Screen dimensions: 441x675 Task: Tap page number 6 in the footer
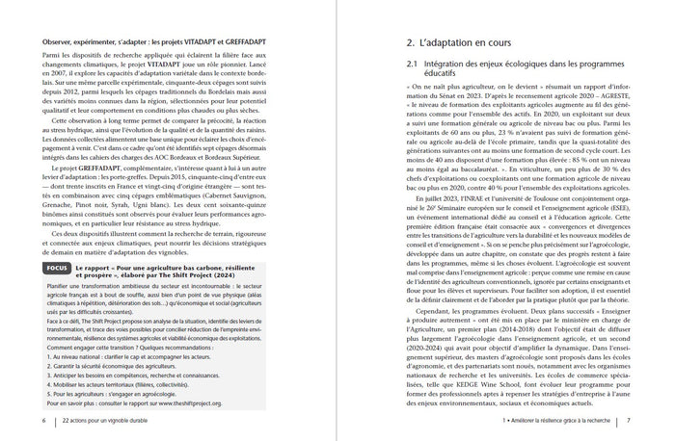click(x=42, y=421)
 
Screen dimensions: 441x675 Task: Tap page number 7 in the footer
click(x=629, y=421)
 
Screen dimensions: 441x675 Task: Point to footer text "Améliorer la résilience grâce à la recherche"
click(x=555, y=421)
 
